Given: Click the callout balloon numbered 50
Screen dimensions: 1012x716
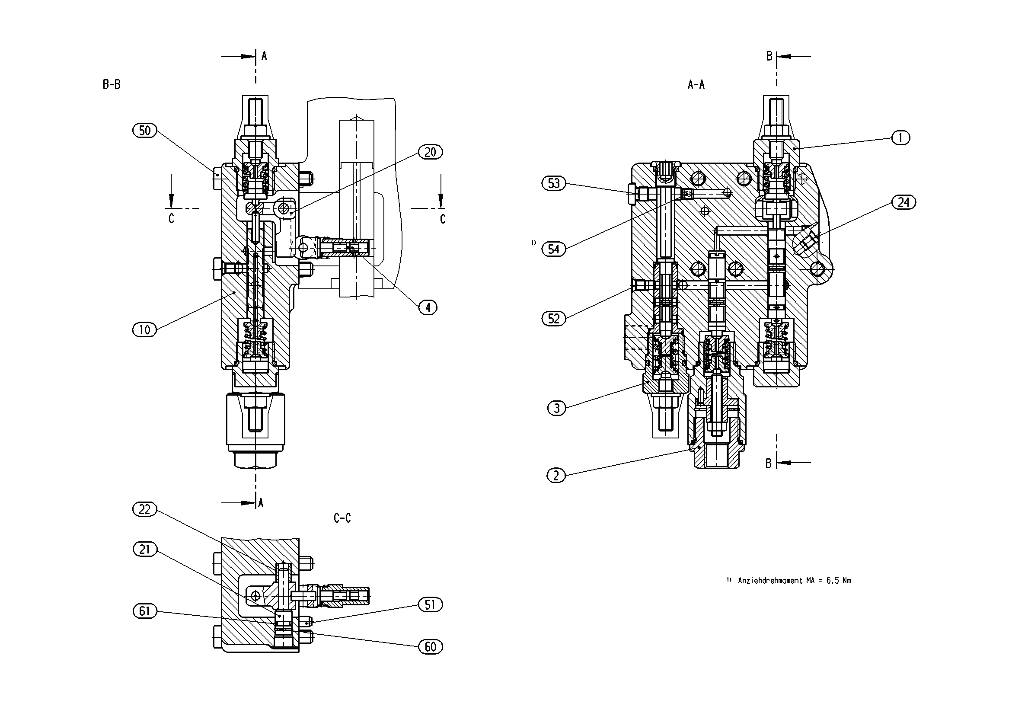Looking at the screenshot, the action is click(x=145, y=131).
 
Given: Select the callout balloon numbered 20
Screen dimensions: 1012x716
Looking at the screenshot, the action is click(x=430, y=152).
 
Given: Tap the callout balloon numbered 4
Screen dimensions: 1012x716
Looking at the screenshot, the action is click(x=428, y=307).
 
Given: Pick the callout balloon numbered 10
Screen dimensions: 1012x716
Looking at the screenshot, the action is click(x=145, y=330).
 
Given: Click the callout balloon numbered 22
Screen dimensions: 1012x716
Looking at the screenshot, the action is click(x=144, y=510).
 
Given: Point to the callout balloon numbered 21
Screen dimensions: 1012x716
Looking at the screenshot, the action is click(x=144, y=550).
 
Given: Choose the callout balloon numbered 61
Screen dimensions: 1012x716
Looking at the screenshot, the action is click(x=144, y=611).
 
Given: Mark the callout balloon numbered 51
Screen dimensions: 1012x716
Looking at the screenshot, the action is click(x=430, y=605).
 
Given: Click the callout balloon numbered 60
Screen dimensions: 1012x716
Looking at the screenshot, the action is click(x=430, y=647).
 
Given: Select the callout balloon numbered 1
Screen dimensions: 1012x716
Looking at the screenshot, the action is click(x=901, y=138).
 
